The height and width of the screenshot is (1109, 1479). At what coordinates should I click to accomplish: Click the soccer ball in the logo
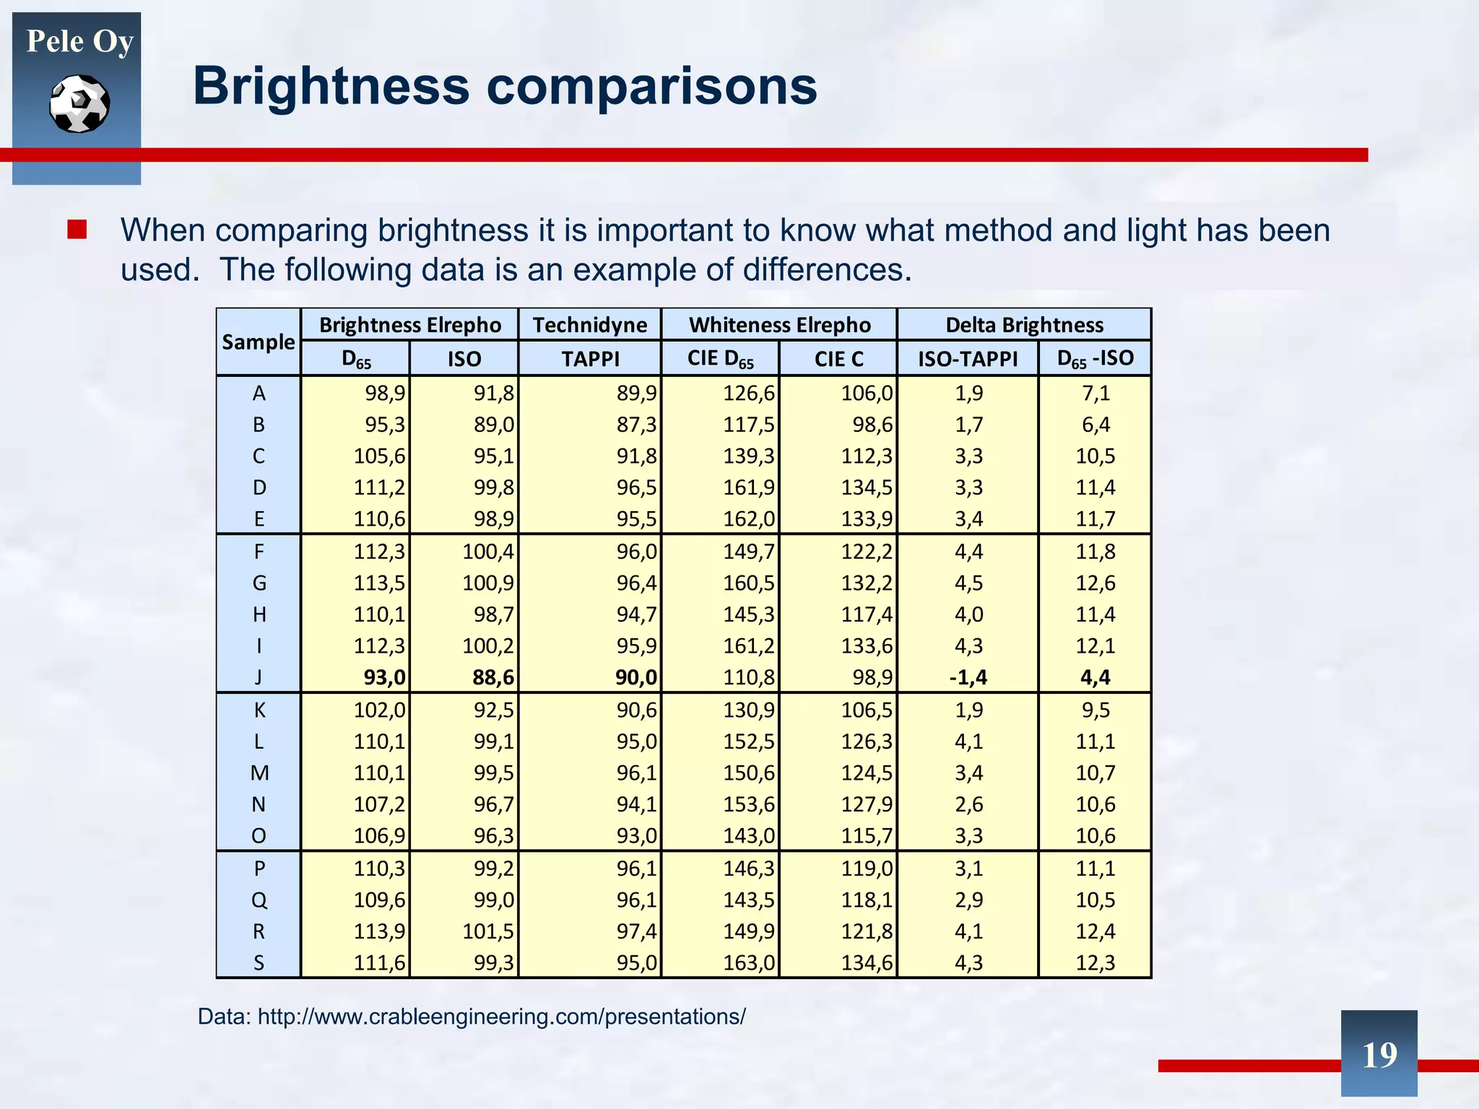tap(79, 104)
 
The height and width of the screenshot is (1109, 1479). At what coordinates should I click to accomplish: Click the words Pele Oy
tap(79, 41)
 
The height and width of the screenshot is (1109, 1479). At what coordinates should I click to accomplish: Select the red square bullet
tap(77, 230)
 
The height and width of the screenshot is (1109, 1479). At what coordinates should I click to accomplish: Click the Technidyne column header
tap(589, 325)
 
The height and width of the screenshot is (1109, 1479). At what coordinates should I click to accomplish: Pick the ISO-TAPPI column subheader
tap(967, 359)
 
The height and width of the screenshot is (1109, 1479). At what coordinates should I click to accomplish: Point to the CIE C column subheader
tap(838, 359)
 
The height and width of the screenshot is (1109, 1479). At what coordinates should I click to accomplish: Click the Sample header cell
tap(258, 342)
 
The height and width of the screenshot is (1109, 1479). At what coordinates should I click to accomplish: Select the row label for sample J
tap(259, 677)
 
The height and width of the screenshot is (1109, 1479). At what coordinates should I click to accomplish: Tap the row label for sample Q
tap(259, 900)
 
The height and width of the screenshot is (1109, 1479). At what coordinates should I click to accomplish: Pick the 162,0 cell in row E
tap(749, 519)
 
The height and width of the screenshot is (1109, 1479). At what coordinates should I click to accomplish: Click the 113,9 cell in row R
tap(379, 931)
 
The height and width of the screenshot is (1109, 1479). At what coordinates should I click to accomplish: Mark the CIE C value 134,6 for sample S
tap(867, 963)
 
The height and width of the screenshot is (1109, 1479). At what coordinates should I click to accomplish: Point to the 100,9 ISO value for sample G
tap(487, 583)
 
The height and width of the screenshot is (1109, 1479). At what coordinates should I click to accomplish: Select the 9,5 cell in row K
tap(1095, 710)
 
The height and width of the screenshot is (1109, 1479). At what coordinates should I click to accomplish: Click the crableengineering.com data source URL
tap(501, 1017)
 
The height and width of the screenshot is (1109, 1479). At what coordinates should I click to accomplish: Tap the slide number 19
tap(1379, 1055)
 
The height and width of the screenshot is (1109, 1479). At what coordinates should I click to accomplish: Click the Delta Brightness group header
tap(1024, 325)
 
